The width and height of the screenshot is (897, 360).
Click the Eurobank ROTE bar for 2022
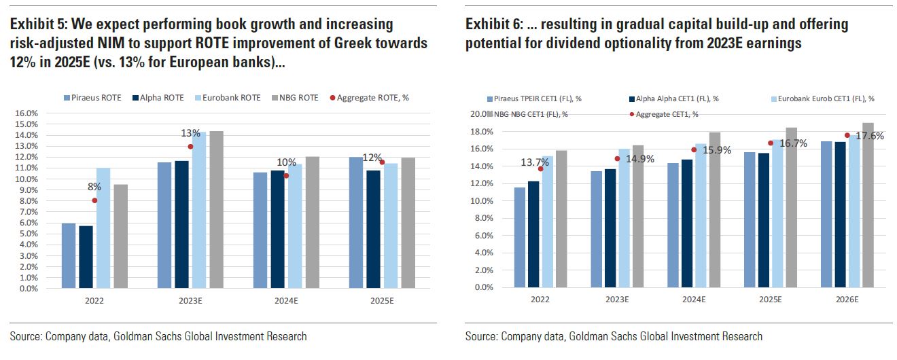tap(103, 228)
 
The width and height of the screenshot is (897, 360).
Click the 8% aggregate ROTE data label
tap(94, 186)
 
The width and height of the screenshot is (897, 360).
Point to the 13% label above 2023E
tap(190, 133)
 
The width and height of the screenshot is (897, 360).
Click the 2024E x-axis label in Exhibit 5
tap(286, 300)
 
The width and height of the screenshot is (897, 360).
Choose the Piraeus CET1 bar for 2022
tap(520, 237)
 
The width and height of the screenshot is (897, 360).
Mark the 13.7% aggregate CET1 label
tap(553, 162)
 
